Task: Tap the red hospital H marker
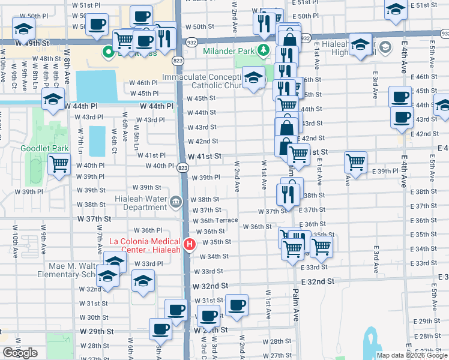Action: (x=190, y=244)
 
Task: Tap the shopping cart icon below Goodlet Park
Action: (x=59, y=163)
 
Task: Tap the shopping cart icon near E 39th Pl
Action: (x=355, y=161)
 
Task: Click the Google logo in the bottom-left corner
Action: (x=20, y=353)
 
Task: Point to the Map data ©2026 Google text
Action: (x=412, y=355)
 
